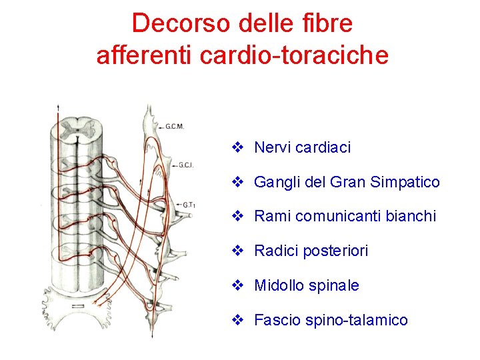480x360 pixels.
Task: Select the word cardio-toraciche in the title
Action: point(294,56)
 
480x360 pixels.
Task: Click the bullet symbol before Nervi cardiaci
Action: point(237,147)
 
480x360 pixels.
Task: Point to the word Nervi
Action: point(270,147)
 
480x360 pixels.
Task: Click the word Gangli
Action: point(276,182)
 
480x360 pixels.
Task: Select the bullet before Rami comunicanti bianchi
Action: point(237,216)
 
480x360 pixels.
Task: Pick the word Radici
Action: point(277,251)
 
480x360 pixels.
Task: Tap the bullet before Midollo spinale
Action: point(237,285)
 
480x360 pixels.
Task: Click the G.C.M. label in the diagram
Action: point(174,127)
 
